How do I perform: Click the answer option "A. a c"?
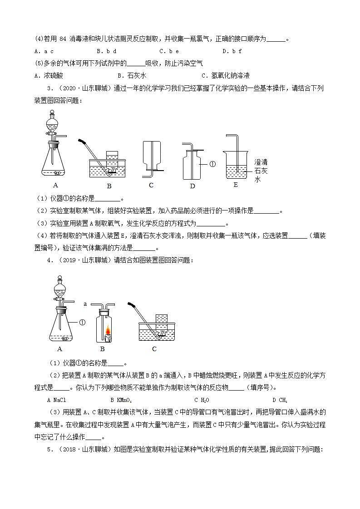pyautogui.click(x=44, y=51)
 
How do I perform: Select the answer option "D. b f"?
pyautogui.click(x=232, y=51)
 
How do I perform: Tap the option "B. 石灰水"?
pyautogui.click(x=132, y=76)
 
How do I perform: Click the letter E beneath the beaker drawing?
pyautogui.click(x=235, y=185)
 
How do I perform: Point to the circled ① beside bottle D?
pyautogui.click(x=212, y=164)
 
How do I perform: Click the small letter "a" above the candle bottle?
pyautogui.click(x=85, y=303)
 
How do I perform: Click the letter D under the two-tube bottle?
pyautogui.click(x=192, y=186)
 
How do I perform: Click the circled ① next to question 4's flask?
pyautogui.click(x=82, y=323)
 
